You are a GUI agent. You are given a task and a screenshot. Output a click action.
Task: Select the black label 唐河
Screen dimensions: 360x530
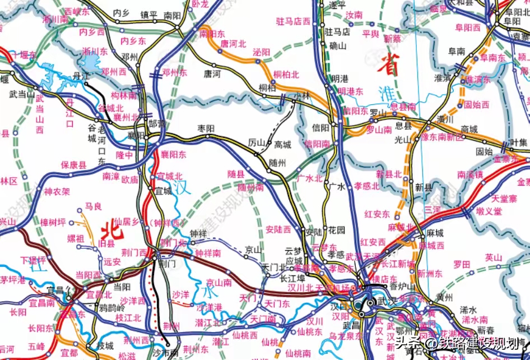(212, 73)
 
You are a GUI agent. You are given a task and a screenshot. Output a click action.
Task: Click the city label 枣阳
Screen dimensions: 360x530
(206, 128)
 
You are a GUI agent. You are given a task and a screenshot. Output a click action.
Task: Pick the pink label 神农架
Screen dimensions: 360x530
(58, 191)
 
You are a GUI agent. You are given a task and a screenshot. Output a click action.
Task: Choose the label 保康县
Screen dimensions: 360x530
(73, 165)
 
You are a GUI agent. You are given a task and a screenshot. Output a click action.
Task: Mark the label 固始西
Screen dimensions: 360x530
(477, 104)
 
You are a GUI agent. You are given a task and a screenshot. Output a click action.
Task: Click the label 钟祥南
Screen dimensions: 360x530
(208, 252)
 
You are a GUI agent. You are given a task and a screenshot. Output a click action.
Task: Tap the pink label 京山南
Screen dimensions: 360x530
(219, 283)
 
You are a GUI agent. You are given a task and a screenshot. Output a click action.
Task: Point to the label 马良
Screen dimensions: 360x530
(93, 207)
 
